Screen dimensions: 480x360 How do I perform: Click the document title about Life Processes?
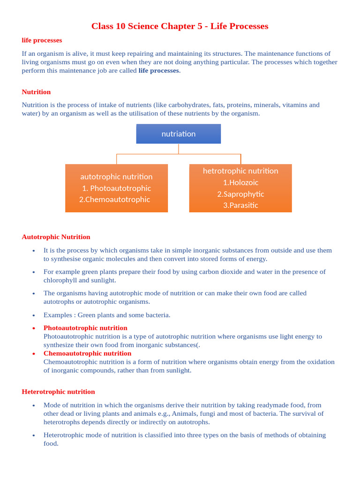(x=180, y=26)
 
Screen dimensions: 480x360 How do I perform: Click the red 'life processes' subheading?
(x=42, y=40)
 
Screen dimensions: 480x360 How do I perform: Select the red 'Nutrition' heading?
(x=36, y=92)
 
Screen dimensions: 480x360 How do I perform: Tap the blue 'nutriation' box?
(x=178, y=134)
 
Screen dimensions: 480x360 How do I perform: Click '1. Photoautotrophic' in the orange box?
(x=116, y=188)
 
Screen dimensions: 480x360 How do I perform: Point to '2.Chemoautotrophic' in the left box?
(x=115, y=200)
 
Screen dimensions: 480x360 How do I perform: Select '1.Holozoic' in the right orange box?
(x=240, y=182)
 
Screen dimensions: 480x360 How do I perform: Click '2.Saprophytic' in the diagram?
(x=240, y=194)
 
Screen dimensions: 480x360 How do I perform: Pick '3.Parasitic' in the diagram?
(x=240, y=205)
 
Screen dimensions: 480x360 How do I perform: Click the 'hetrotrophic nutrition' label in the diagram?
(x=240, y=171)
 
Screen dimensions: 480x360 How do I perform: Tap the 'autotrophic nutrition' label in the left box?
(x=116, y=177)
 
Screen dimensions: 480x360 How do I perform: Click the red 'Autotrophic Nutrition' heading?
(x=56, y=237)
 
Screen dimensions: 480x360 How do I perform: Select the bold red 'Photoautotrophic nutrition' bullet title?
(x=85, y=328)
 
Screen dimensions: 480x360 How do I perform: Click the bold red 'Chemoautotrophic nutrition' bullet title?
(x=87, y=353)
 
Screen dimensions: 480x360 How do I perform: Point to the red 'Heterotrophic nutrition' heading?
(x=58, y=392)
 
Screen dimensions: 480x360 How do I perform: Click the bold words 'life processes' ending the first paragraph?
(x=158, y=71)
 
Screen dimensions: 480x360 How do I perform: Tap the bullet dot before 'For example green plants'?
(x=34, y=272)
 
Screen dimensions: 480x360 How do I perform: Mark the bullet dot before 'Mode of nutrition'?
(x=34, y=405)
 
